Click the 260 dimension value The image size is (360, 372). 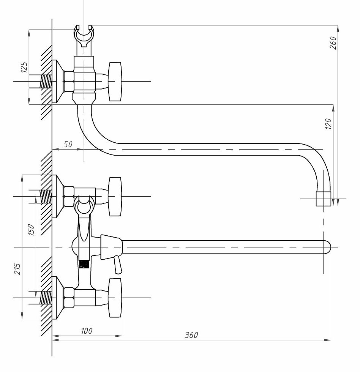tap(333, 43)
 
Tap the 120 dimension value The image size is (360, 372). tap(328, 124)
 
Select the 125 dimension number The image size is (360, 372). tap(24, 67)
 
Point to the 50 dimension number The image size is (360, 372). tap(68, 145)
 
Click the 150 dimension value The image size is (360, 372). tap(31, 230)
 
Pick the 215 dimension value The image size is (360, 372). tap(17, 269)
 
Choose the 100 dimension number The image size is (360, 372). tap(87, 331)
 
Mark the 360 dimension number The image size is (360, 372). tap(191, 335)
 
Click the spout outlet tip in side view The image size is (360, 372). tap(324, 199)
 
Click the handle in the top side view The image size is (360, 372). tap(115, 81)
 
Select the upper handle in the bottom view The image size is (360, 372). tap(115, 197)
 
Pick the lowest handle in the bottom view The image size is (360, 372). tap(115, 298)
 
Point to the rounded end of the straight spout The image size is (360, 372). tap(327, 247)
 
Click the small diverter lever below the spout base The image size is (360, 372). tap(118, 265)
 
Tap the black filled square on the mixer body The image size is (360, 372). tap(84, 264)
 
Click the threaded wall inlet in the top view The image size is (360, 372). tap(46, 81)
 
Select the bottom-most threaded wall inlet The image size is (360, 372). tap(46, 298)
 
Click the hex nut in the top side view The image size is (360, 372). tap(69, 81)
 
